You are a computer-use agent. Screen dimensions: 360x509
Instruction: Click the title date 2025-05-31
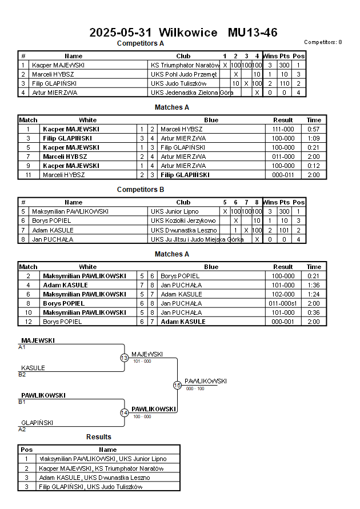(121, 33)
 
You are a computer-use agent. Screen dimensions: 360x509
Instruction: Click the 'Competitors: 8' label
(323, 42)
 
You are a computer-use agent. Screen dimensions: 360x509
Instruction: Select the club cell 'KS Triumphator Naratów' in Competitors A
(185, 65)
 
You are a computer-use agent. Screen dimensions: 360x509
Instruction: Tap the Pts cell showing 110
(285, 83)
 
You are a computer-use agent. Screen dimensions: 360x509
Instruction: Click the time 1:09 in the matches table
(314, 138)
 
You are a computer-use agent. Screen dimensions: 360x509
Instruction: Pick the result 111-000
(283, 129)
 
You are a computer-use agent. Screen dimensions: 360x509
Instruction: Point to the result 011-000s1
(283, 303)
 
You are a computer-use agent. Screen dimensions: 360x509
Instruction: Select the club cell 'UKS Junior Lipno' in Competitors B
(175, 211)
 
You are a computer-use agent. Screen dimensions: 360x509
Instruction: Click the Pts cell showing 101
(285, 230)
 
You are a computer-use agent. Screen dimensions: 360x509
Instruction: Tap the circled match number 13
(125, 358)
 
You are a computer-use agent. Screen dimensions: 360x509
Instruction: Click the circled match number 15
(177, 386)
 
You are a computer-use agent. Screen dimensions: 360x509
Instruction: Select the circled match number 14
(125, 412)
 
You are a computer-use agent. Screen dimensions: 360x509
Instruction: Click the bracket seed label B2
(22, 375)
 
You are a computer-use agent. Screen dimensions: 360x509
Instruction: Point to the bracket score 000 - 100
(195, 388)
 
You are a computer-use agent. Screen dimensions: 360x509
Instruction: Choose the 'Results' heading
(99, 437)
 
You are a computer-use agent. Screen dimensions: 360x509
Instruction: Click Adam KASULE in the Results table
(60, 478)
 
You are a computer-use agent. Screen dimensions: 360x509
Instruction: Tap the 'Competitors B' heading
(141, 190)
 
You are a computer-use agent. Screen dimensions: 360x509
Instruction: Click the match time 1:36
(314, 285)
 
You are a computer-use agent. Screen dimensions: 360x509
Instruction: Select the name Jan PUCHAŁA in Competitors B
(53, 239)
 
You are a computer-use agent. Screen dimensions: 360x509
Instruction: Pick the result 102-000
(283, 294)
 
